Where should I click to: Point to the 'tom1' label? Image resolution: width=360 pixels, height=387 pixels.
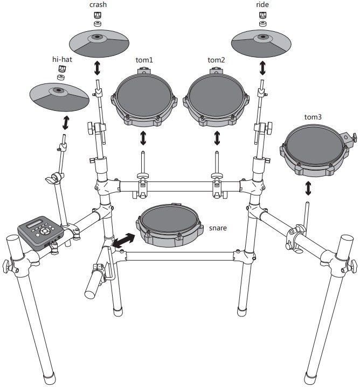tap(143, 60)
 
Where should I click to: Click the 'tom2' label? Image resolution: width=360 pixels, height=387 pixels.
tap(217, 60)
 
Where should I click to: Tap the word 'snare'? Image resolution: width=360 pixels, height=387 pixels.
tap(218, 228)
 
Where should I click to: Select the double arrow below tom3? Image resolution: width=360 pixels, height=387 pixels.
tap(308, 188)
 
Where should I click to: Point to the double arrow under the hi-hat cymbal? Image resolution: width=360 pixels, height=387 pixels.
tap(66, 122)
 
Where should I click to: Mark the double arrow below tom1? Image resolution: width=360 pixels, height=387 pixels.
tap(143, 138)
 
